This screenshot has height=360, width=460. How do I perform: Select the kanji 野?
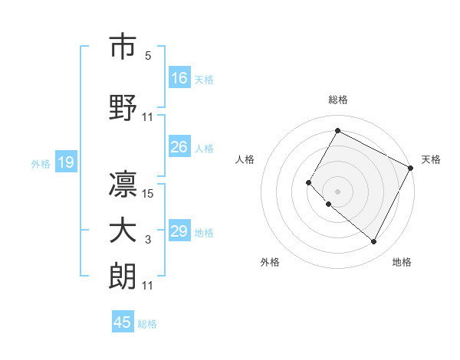(123, 106)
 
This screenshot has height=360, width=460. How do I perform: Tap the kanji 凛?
(123, 183)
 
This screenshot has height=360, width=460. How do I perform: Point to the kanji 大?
(123, 231)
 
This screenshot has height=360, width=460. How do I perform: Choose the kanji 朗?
(123, 276)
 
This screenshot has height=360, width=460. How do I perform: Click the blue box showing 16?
(179, 77)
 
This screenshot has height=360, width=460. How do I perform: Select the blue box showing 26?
(179, 147)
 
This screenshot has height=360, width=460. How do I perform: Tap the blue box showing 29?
(179, 231)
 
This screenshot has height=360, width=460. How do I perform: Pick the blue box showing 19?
(65, 162)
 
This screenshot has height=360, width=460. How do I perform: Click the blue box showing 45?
(123, 322)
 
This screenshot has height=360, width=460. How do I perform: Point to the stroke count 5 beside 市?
(148, 56)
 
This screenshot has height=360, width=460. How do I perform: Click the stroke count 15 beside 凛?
(149, 194)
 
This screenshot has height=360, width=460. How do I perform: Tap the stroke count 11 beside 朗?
(148, 286)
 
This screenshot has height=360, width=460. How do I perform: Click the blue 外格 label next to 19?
(41, 163)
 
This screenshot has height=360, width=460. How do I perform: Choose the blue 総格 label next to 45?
(147, 324)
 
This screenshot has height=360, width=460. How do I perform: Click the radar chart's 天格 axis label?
(431, 159)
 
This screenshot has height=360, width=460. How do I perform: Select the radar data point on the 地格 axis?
(373, 242)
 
